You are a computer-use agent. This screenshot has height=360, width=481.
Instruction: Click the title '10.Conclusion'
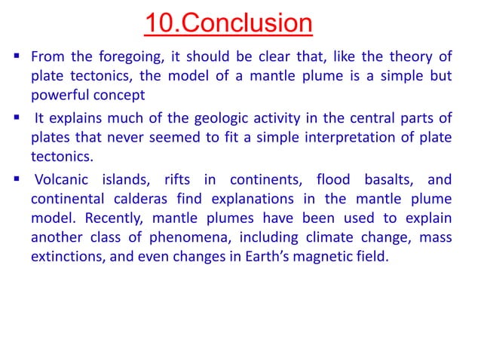point(228,23)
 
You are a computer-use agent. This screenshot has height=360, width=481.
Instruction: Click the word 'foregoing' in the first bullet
point(122,57)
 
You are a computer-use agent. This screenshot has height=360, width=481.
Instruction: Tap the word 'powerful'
point(61,97)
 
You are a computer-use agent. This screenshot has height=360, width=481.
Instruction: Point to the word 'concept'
point(119,97)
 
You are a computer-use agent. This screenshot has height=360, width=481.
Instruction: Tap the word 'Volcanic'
point(64,179)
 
